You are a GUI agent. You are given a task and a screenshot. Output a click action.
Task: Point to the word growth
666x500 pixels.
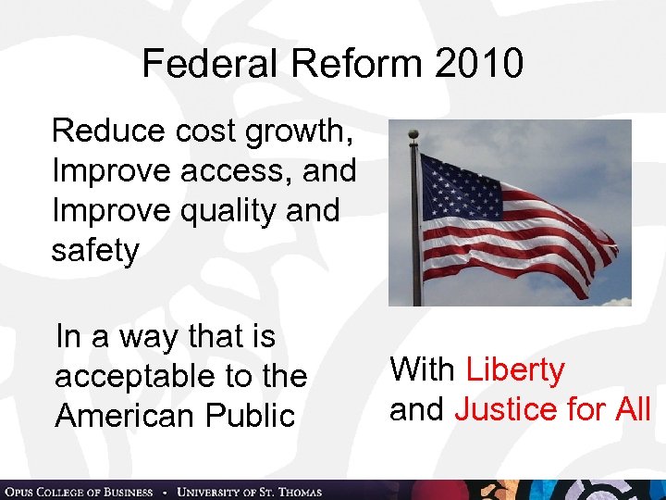point(299,131)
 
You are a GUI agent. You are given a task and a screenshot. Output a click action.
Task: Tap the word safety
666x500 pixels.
point(95,251)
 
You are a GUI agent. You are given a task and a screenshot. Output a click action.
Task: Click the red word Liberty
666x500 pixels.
point(515,369)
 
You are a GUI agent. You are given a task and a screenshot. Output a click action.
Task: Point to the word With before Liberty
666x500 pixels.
point(423,369)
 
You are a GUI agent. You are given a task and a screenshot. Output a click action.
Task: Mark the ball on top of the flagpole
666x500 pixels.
point(413,134)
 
